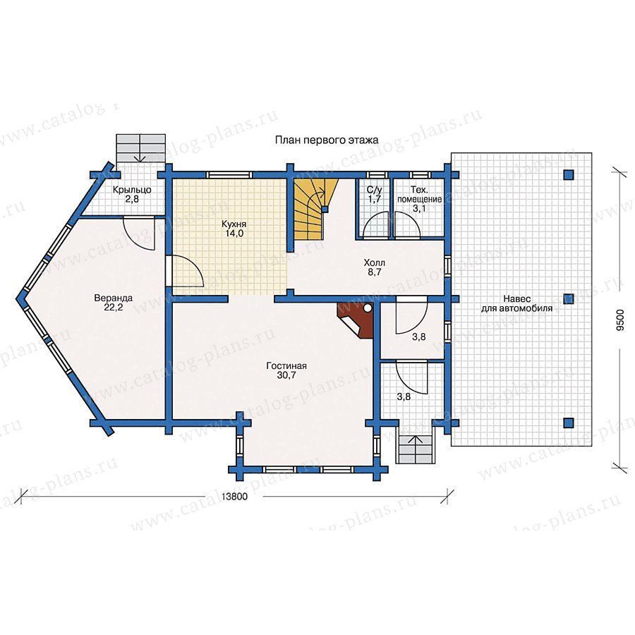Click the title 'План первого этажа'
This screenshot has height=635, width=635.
pos(327,140)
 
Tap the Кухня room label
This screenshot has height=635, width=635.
pos(234,224)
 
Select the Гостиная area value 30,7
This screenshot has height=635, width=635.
pos(286,375)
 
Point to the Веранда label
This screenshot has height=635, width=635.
pos(114,298)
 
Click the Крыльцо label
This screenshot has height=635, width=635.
pos(132,190)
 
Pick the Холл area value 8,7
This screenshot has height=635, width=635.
pos(374,272)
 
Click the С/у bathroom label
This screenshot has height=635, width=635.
pos(374,190)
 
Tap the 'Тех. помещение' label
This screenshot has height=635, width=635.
pos(420,195)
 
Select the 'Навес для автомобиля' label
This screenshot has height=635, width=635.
pos(516,303)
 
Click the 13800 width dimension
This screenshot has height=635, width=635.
pos(234,496)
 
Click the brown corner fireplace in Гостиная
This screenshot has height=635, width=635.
pos(355,320)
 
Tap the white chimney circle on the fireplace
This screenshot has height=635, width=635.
pos(368,308)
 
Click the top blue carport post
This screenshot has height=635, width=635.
pos(569,174)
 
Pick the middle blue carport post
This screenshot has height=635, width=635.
pos(569,299)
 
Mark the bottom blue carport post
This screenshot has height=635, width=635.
pos(569,423)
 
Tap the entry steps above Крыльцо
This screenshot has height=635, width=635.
pos(140,148)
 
